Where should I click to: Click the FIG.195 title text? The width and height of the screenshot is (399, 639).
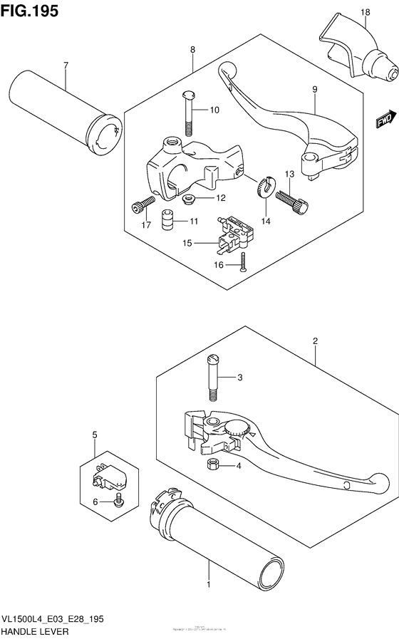[30, 11]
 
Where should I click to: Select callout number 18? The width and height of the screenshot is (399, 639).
[365, 13]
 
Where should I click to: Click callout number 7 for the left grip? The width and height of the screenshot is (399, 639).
[66, 66]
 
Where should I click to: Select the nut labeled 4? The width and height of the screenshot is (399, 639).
[212, 466]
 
